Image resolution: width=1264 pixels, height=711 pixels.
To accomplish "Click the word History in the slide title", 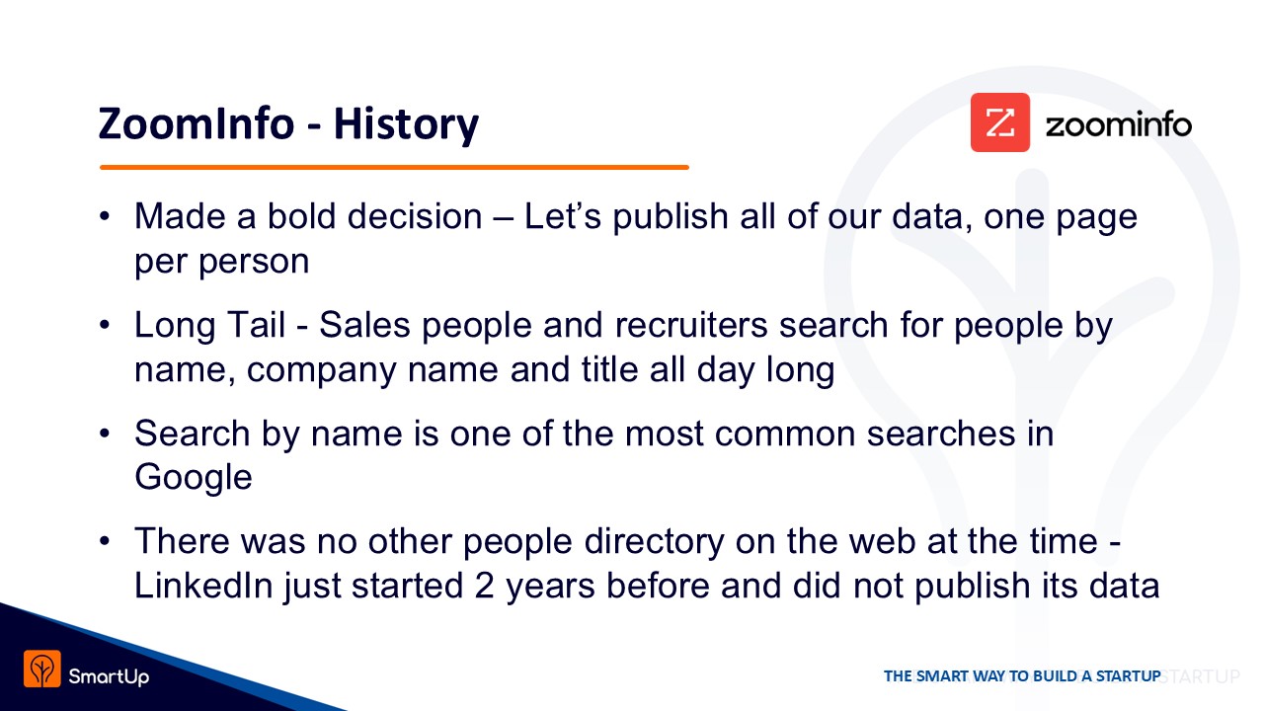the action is click(x=406, y=125).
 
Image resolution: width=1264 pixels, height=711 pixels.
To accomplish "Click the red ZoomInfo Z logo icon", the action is click(x=1000, y=122).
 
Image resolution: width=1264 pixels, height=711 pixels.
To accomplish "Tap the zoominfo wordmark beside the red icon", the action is click(x=1119, y=124).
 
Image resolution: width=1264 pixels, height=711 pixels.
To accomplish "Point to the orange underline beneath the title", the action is click(x=394, y=167).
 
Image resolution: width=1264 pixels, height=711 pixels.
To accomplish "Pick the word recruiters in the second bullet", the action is click(x=691, y=325).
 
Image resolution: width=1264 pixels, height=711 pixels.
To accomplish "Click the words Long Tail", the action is click(x=209, y=325).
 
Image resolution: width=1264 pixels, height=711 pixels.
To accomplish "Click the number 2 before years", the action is click(x=484, y=586).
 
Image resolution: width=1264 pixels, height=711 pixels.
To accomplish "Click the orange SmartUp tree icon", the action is click(x=42, y=669).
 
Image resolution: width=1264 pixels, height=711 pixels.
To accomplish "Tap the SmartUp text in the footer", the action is click(x=109, y=676).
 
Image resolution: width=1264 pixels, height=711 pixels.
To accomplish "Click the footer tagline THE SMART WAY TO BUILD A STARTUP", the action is click(x=1022, y=676).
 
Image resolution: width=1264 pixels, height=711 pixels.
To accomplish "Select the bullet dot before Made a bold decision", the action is click(x=105, y=216).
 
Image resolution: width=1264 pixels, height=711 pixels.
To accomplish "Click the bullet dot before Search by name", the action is click(x=105, y=434).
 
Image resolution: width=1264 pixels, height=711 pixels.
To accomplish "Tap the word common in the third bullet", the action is click(x=785, y=434).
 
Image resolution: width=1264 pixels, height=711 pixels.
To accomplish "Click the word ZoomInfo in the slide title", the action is click(x=197, y=124).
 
